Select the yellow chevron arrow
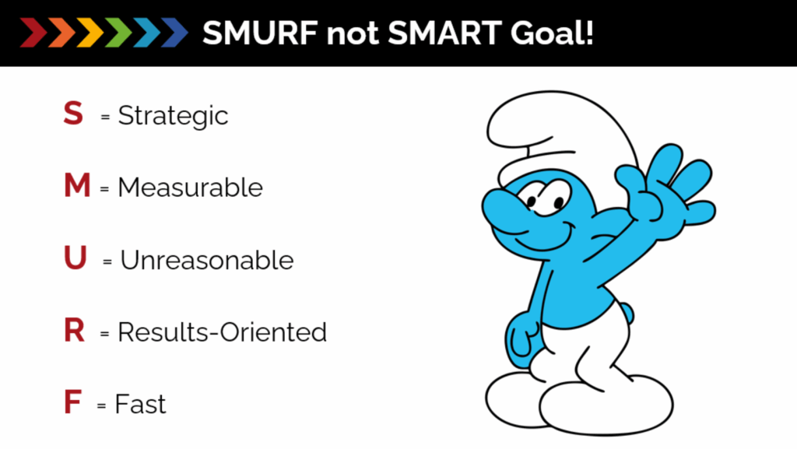(90, 33)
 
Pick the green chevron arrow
(118, 33)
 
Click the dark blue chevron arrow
(175, 33)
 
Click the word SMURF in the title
(260, 33)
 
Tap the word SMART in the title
(444, 33)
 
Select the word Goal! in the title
(552, 33)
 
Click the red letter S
(73, 113)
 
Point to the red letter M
(77, 185)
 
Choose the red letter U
(75, 258)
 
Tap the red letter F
(72, 402)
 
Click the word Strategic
(173, 116)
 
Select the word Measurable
(190, 188)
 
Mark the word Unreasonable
(207, 260)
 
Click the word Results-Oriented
(222, 332)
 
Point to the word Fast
(140, 405)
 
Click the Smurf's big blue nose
(504, 209)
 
